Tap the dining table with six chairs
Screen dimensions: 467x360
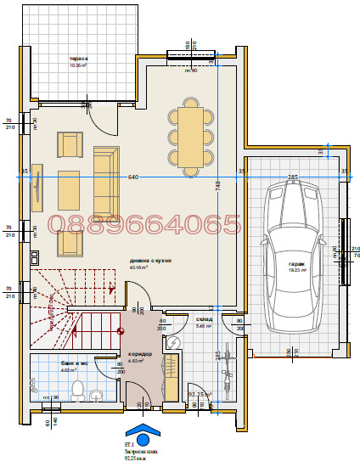point(191,136)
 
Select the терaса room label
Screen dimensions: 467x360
point(78,60)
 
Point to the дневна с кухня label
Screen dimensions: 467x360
point(151,261)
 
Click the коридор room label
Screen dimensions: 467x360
point(140,353)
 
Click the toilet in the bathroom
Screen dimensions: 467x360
point(78,390)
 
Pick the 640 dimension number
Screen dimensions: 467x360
point(132,177)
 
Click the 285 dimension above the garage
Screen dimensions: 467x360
point(292,177)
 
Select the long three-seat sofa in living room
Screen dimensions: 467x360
point(106,180)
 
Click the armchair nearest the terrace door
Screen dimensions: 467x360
point(70,144)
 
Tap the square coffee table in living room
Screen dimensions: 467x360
point(69,190)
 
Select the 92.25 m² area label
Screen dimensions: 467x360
point(200,394)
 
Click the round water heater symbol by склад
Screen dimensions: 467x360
point(174,342)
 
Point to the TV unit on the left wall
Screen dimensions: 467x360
point(37,187)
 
